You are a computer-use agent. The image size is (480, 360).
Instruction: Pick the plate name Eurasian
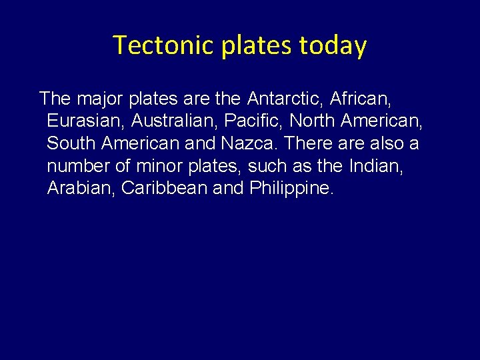85,121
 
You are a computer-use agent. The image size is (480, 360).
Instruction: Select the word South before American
71,143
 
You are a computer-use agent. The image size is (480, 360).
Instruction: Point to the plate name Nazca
246,143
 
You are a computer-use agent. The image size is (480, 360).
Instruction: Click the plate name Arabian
81,188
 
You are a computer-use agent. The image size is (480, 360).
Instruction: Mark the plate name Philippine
291,188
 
